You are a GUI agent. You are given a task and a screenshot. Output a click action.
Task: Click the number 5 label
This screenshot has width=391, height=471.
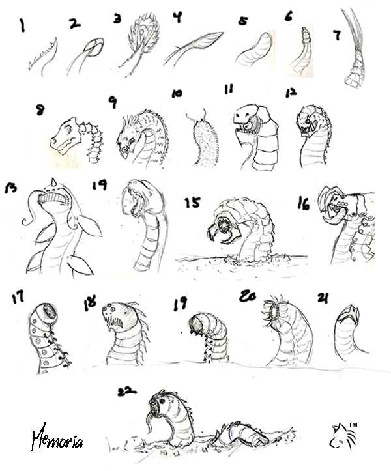click(243, 21)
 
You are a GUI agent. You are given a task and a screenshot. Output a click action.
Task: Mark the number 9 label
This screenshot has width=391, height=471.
click(113, 102)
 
